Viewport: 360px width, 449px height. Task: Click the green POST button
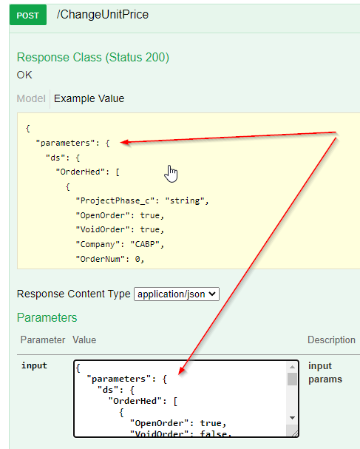click(28, 15)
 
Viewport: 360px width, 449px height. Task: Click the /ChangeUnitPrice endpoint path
click(103, 14)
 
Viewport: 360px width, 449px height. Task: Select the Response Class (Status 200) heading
click(93, 57)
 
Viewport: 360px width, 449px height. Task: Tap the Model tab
click(31, 98)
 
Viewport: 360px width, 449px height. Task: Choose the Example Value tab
click(89, 98)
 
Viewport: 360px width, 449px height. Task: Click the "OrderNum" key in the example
click(101, 259)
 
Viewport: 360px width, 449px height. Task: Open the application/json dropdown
click(177, 294)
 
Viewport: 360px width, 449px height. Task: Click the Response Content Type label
click(73, 294)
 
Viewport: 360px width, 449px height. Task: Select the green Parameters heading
click(47, 317)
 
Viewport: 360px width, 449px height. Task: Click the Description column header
click(331, 340)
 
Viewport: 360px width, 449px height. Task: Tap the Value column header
click(84, 340)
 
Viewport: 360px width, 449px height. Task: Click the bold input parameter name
click(34, 365)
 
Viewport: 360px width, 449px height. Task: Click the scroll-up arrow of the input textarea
click(292, 367)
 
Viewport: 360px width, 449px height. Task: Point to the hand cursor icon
click(171, 174)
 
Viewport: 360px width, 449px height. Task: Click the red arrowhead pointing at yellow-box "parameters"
click(125, 142)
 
